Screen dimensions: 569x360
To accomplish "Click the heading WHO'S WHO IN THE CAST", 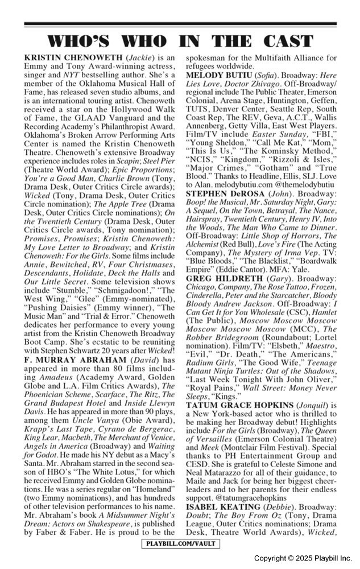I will pyautogui.click(x=180, y=42).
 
